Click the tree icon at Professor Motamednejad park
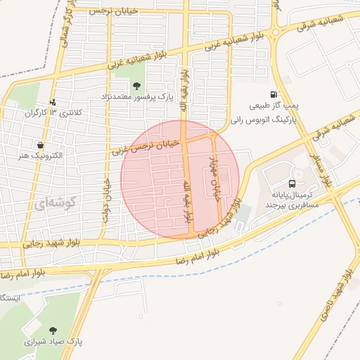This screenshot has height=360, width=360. tap(136, 85)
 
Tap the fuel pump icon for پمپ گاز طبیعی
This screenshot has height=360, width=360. tap(274, 94)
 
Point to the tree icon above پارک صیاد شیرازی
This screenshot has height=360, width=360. tap(53, 329)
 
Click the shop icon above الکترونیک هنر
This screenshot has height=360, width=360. tap(48, 143)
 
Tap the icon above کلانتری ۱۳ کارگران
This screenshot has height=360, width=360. tap(53, 103)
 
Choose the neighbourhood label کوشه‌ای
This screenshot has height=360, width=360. tap(53, 203)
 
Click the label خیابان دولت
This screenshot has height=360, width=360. tap(108, 200)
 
